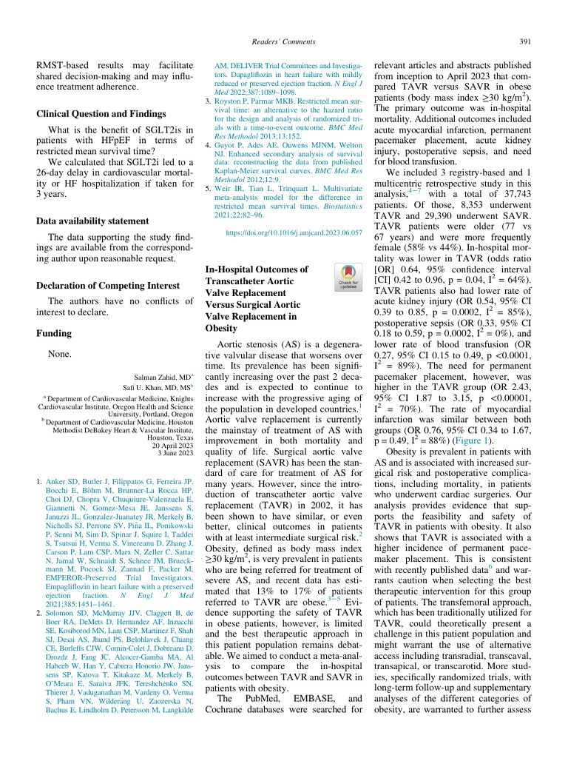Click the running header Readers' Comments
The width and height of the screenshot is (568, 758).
(284, 41)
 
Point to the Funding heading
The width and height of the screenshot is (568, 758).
(56, 334)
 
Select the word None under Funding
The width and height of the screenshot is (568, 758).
(59, 355)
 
